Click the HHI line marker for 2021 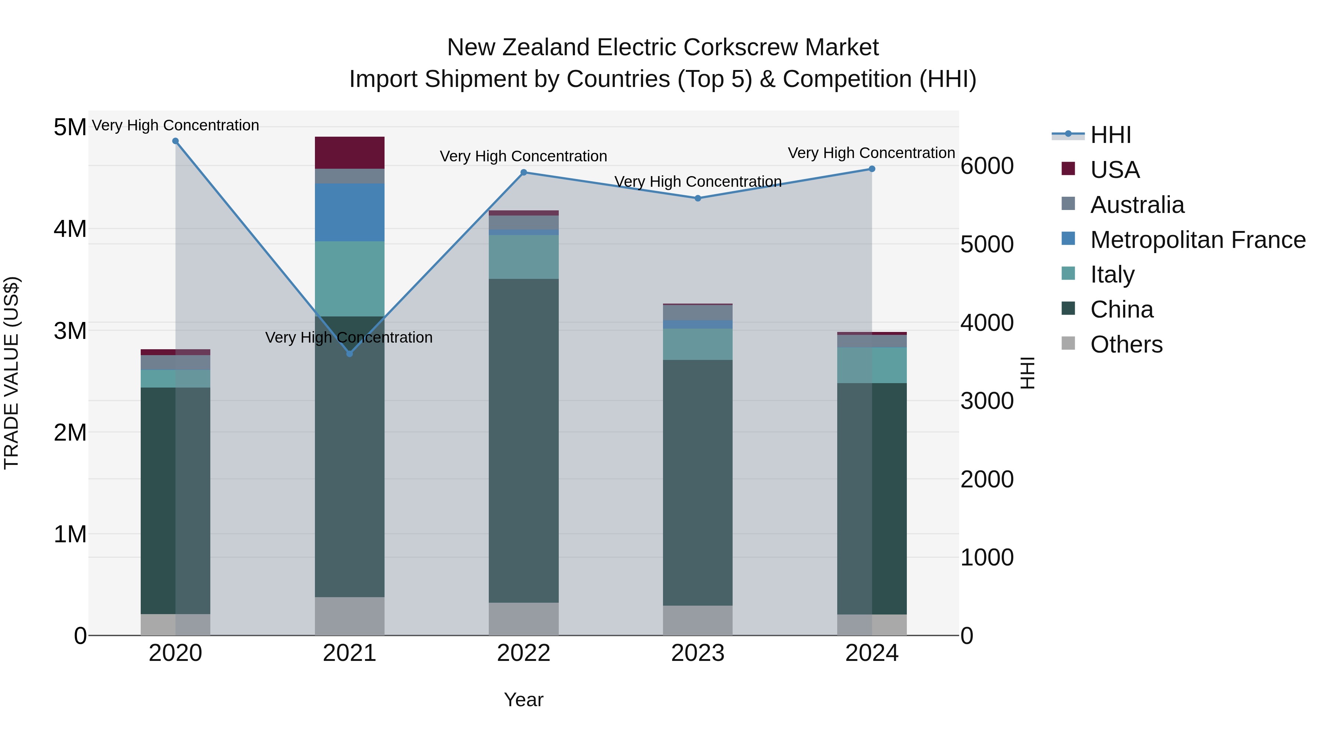(350, 354)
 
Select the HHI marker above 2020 (176, 141)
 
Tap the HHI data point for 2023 (698, 198)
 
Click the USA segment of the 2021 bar (350, 153)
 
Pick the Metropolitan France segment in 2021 (350, 212)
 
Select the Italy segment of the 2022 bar (523, 257)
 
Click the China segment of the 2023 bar (698, 482)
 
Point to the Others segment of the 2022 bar (523, 619)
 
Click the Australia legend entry (1137, 205)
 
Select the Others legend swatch (1068, 343)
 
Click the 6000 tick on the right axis (987, 166)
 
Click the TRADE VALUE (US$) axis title (11, 373)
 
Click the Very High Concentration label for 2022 (523, 156)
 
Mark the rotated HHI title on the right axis (1027, 373)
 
